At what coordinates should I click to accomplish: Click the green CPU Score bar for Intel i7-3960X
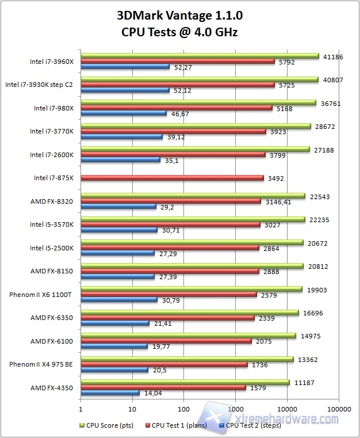[200, 56]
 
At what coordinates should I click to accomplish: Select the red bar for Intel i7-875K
[172, 178]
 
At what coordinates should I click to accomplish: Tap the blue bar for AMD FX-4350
[110, 393]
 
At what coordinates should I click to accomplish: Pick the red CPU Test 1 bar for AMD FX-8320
[171, 201]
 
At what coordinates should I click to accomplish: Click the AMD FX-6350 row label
[52, 318]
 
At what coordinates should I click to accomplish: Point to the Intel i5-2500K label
[52, 247]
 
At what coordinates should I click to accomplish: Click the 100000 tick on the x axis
[338, 409]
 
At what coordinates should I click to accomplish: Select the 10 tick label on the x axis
[132, 409]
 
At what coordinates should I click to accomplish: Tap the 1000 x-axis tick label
[235, 409]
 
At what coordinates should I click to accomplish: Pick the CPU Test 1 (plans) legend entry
[178, 426]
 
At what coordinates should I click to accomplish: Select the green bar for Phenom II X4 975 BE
[187, 359]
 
